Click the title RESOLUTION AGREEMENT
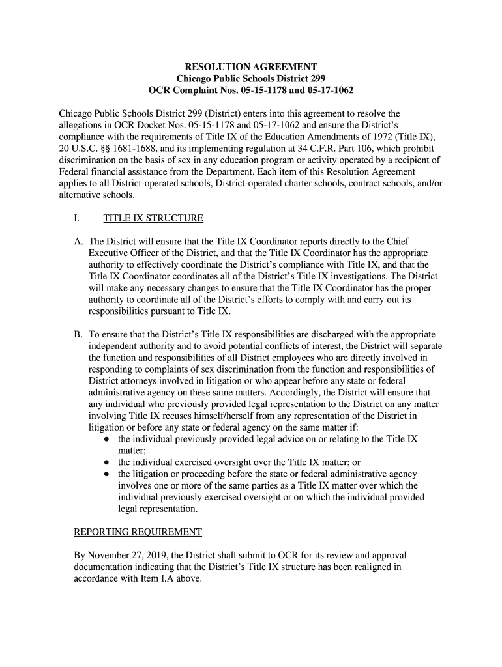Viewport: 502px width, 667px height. pyautogui.click(x=251, y=67)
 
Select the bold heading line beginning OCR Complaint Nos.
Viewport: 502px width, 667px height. pyautogui.click(x=251, y=90)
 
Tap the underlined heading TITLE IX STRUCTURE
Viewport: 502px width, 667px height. pyautogui.click(x=153, y=218)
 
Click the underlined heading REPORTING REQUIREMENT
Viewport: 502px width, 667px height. pyautogui.click(x=138, y=532)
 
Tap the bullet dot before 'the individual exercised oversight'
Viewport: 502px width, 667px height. pyautogui.click(x=106, y=462)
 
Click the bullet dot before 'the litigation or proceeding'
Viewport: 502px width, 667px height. pyautogui.click(x=106, y=474)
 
